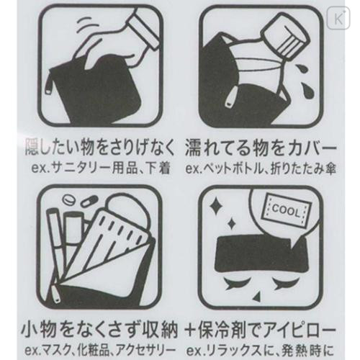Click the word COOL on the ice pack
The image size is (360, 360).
288,209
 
